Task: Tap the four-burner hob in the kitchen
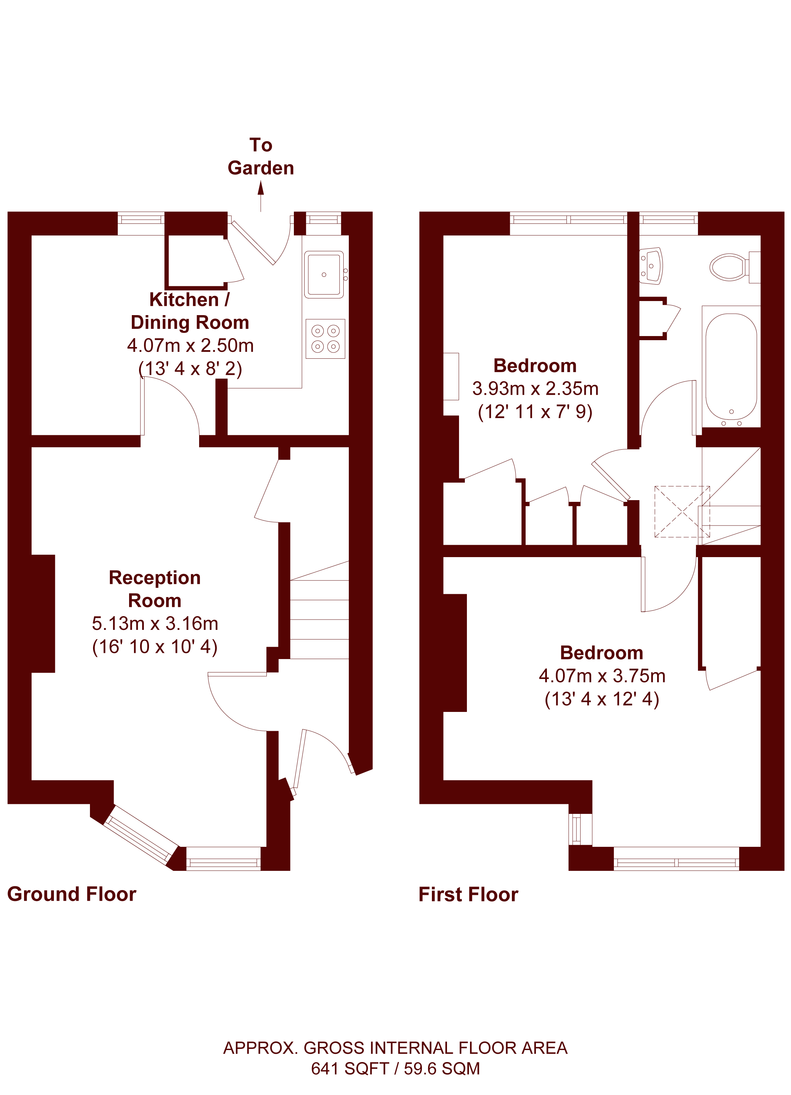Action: (325, 338)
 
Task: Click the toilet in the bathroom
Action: (734, 267)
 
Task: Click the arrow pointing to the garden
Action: (261, 196)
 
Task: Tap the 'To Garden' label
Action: (261, 157)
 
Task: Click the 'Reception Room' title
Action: (154, 589)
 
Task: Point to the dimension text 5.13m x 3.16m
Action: (155, 623)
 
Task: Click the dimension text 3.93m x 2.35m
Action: (535, 389)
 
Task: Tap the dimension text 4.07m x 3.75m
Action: (602, 676)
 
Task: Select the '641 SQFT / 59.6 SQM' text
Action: (395, 1069)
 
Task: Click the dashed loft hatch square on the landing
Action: (682, 512)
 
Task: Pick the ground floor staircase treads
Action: (319, 610)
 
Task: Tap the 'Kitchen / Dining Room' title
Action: (190, 311)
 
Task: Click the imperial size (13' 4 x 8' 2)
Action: (190, 368)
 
